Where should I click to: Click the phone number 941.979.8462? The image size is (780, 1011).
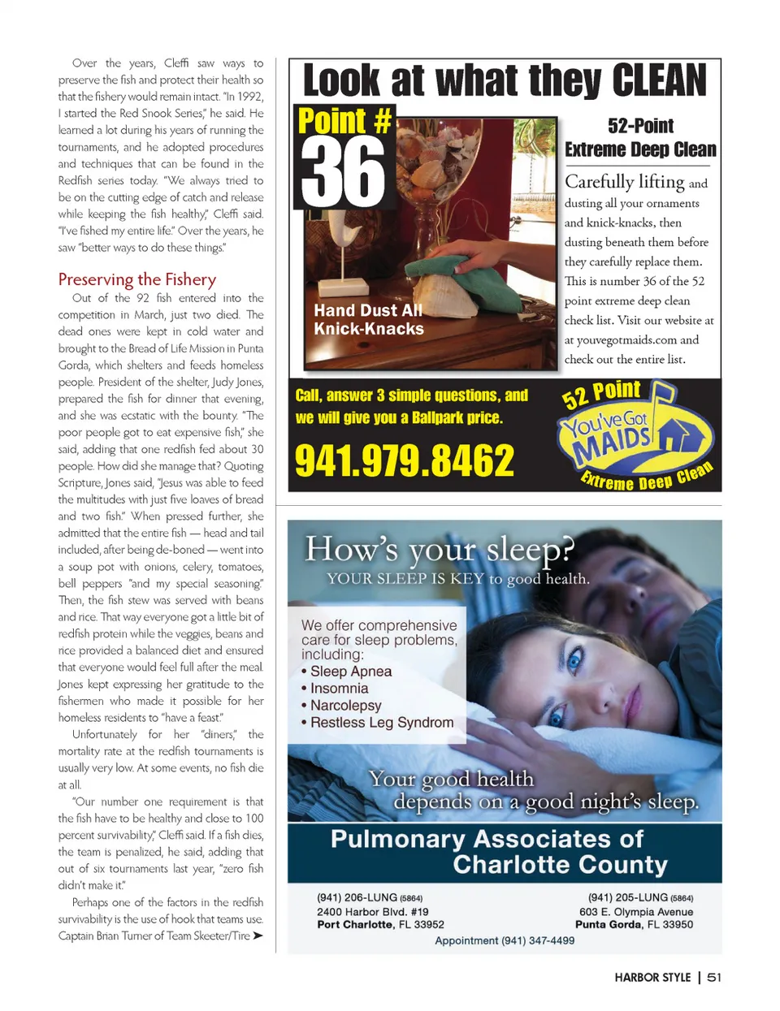(404, 461)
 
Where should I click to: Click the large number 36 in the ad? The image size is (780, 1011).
(344, 172)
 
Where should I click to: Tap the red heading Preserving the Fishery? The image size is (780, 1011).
(136, 279)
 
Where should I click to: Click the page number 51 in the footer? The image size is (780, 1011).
(713, 978)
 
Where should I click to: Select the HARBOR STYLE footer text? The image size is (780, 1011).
(652, 978)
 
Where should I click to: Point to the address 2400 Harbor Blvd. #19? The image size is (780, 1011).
(372, 911)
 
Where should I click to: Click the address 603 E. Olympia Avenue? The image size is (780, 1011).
(635, 911)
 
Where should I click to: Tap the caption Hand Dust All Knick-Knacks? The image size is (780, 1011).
(369, 320)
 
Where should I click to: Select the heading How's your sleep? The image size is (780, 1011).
(439, 550)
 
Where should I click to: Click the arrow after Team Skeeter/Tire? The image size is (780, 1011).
(258, 935)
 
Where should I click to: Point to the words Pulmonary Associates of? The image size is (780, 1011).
(486, 839)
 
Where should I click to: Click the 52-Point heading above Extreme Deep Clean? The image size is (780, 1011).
(640, 126)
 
